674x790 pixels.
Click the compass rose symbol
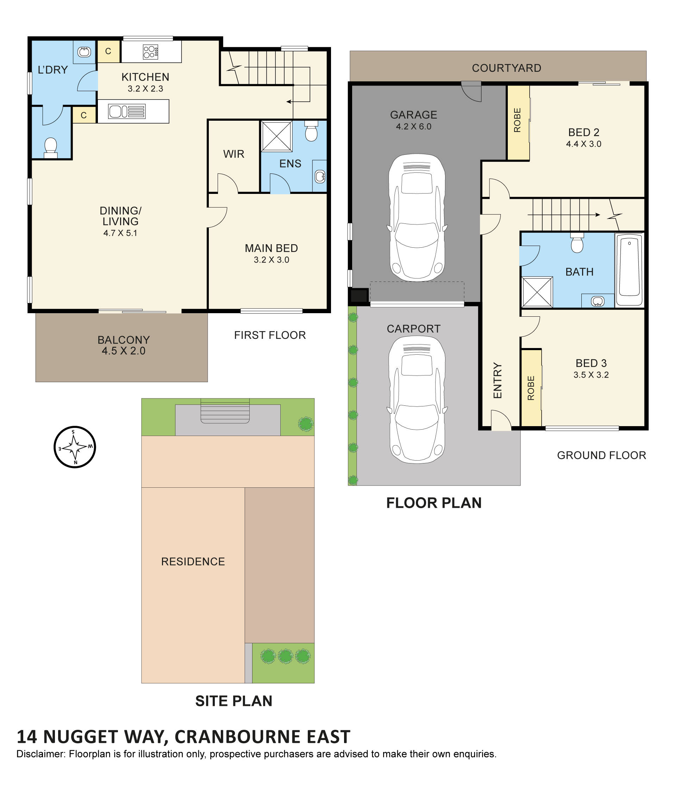[74, 447]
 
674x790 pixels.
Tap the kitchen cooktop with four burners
[150, 52]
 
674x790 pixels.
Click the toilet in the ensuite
[311, 131]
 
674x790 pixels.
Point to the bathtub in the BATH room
[629, 269]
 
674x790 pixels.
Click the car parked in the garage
[417, 217]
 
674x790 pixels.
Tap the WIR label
[233, 154]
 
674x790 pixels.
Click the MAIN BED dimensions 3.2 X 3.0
[271, 260]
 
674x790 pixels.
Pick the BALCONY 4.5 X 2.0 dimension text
[123, 351]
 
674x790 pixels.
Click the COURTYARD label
[506, 68]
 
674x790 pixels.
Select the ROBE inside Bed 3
[531, 388]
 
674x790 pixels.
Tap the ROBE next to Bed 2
[517, 120]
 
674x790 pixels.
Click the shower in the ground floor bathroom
[537, 292]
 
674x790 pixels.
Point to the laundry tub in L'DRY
[84, 51]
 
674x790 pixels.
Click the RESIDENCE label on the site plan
[193, 561]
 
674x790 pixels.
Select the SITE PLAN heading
[233, 701]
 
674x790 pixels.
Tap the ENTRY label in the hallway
[497, 380]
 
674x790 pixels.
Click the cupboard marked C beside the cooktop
[108, 51]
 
